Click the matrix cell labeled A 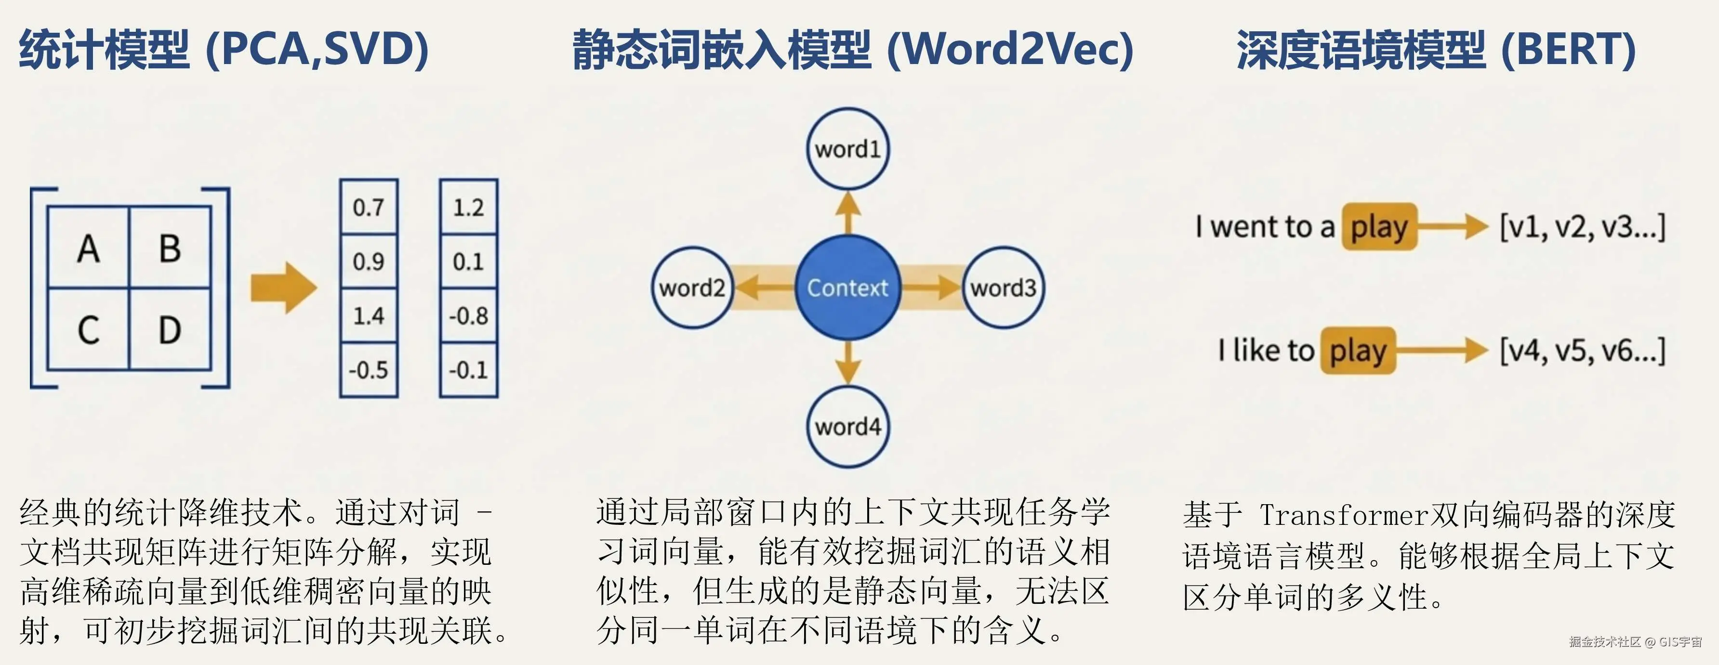coord(88,248)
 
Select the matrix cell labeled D coord(170,329)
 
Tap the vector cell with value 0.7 coord(369,208)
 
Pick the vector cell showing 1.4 coord(369,315)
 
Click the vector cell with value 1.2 coord(468,208)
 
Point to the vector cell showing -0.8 coord(468,315)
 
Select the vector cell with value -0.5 coord(369,369)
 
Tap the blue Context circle coord(847,287)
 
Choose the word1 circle coord(847,149)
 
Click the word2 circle coord(692,287)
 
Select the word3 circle coord(1003,287)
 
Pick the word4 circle coord(847,426)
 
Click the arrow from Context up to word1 coord(847,212)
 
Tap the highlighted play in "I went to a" coord(1379,227)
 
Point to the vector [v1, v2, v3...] coord(1582,227)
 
